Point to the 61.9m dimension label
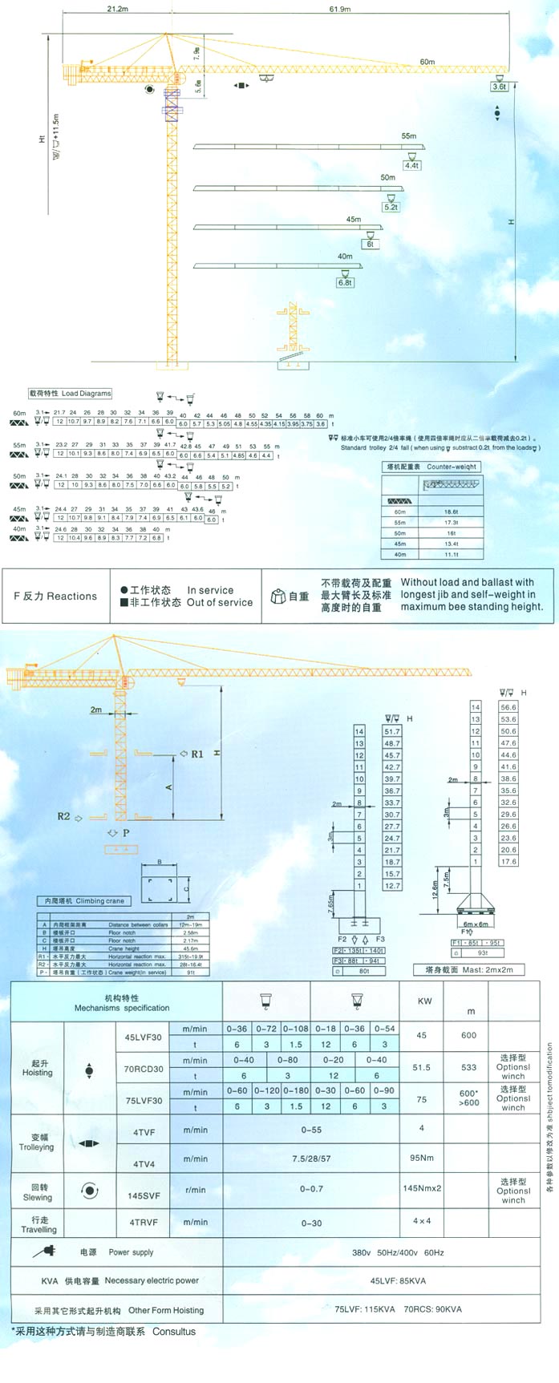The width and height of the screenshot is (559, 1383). coord(339,10)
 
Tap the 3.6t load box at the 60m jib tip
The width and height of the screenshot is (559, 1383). coord(500,87)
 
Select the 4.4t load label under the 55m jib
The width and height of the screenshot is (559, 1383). coord(411,166)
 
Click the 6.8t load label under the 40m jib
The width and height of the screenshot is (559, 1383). coord(345,282)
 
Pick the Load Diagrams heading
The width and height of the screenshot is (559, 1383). coord(70,394)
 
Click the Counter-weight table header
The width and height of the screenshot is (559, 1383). coord(433,467)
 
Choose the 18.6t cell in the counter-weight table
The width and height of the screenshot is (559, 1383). coord(451,512)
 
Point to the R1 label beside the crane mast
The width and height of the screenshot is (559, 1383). coord(196,754)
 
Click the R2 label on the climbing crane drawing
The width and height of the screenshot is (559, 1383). coord(64,816)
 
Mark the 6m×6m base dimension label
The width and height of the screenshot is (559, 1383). coord(475,924)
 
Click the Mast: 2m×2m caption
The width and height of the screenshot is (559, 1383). coord(474,970)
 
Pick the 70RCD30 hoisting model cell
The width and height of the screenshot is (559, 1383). coord(144,1069)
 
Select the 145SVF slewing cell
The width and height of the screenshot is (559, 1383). coord(144,1195)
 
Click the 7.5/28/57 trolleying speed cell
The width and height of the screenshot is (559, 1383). coord(311,1159)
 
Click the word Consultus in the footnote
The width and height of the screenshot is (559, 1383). coord(174,1332)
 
